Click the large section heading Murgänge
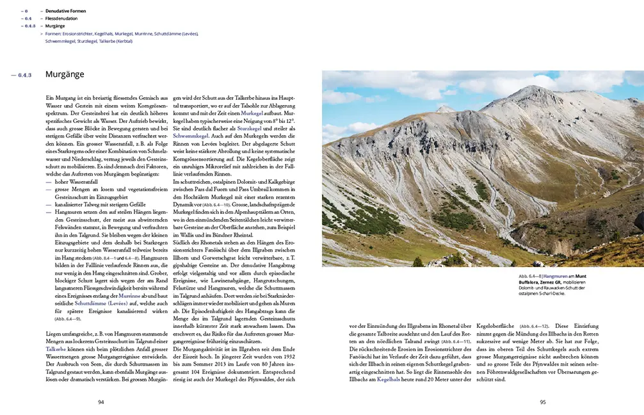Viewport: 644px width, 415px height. pos(65,74)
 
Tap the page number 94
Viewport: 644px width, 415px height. pos(101,402)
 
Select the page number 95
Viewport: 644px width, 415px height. pos(542,402)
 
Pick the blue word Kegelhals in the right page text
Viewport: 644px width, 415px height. pos(390,380)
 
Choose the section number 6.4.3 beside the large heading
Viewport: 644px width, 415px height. pos(29,74)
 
